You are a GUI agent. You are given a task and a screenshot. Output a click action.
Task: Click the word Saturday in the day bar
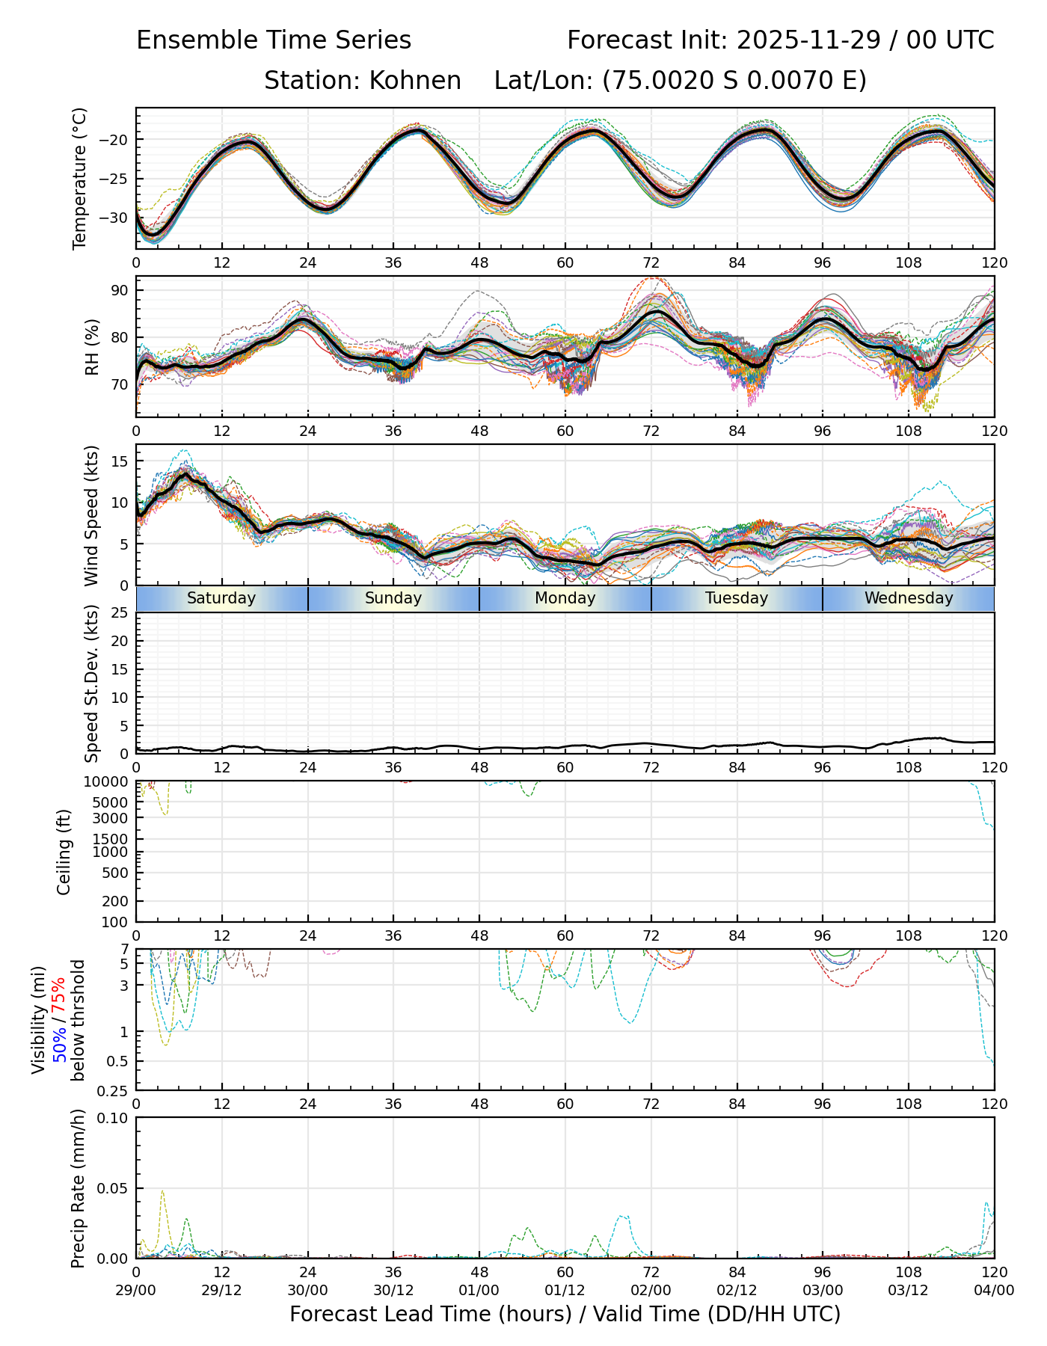click(221, 598)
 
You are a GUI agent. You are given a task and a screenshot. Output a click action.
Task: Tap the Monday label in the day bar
click(565, 598)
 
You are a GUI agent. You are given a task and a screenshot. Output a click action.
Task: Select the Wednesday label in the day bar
click(909, 598)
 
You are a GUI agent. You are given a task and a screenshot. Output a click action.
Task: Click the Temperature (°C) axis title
click(80, 178)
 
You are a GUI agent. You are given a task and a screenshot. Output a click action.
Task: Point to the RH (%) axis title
click(93, 346)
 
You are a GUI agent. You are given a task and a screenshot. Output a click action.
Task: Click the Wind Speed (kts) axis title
click(91, 515)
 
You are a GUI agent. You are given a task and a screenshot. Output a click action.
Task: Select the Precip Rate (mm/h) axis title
click(79, 1188)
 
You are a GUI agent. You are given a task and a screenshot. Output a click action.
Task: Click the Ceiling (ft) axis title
click(64, 852)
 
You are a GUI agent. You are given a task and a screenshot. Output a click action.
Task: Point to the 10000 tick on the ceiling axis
click(108, 782)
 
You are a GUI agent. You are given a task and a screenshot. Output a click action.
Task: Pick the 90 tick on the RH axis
click(120, 290)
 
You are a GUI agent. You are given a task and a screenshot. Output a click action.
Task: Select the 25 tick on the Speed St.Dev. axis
click(120, 613)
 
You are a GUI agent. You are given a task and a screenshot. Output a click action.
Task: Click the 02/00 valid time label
click(651, 1290)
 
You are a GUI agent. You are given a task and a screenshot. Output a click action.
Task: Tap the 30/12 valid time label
click(393, 1290)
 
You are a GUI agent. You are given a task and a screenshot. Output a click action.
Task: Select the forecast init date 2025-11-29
click(810, 40)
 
